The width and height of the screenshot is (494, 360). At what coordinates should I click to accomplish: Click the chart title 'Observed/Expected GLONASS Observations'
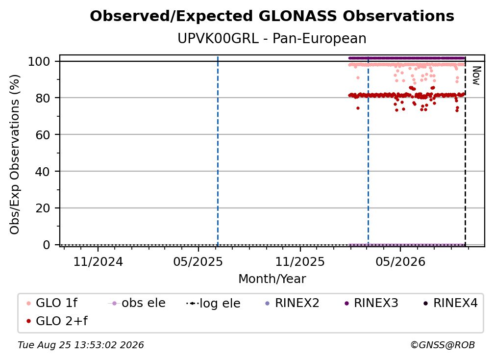(272, 16)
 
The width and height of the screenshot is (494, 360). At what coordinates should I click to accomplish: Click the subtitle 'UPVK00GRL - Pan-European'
(272, 38)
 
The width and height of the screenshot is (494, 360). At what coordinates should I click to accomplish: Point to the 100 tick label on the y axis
(39, 61)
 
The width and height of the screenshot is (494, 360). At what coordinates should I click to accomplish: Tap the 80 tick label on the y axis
(43, 98)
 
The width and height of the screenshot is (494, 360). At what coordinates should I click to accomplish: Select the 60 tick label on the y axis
(43, 135)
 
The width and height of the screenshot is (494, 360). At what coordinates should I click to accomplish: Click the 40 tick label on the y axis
(43, 172)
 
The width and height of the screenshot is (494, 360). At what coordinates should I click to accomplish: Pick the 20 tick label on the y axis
(43, 208)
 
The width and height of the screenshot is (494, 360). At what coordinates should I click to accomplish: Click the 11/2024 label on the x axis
(98, 261)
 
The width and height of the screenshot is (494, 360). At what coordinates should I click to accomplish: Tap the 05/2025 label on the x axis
(198, 261)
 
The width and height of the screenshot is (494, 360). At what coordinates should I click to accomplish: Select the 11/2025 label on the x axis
(300, 261)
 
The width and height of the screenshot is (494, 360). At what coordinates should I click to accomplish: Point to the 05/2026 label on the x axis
(400, 261)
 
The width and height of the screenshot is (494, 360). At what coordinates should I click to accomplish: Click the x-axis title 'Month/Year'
(272, 279)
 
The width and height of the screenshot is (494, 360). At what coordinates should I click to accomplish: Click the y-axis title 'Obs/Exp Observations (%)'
(15, 154)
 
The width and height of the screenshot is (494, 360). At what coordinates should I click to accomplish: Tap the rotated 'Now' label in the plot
(476, 76)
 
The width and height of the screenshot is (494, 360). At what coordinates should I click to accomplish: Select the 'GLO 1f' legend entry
(52, 303)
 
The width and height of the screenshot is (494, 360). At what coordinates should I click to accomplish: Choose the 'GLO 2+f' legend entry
(57, 321)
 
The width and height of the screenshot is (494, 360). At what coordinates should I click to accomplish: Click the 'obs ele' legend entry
(136, 303)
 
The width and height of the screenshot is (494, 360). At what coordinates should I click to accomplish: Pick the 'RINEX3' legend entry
(371, 303)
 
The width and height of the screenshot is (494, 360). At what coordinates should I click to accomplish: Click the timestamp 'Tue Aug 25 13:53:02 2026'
(81, 345)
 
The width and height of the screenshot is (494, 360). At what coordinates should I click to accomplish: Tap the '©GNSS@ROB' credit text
(443, 345)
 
